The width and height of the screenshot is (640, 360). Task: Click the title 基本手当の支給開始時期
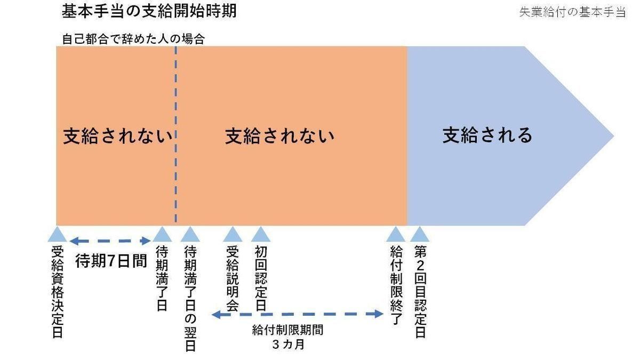[x=149, y=12]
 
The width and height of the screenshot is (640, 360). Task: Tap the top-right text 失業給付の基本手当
[x=572, y=12]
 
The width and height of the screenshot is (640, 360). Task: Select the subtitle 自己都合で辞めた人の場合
[x=133, y=39]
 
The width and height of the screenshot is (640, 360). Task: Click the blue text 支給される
[x=487, y=135]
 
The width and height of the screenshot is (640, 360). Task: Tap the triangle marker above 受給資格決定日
[x=57, y=235]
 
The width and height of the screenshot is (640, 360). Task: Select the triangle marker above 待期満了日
[x=162, y=235]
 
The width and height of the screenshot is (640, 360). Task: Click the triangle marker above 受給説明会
[x=232, y=235]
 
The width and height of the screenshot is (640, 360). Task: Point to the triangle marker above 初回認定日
[x=260, y=235]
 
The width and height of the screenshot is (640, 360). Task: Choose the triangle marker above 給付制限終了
[x=395, y=235]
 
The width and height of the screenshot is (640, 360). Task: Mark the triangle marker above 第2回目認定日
[x=420, y=235]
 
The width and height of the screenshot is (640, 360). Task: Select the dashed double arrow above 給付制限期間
[x=298, y=314]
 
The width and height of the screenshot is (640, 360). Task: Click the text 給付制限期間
[x=287, y=330]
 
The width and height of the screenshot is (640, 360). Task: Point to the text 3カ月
[x=288, y=345]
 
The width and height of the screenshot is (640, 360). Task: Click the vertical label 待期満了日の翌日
[x=190, y=298]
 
